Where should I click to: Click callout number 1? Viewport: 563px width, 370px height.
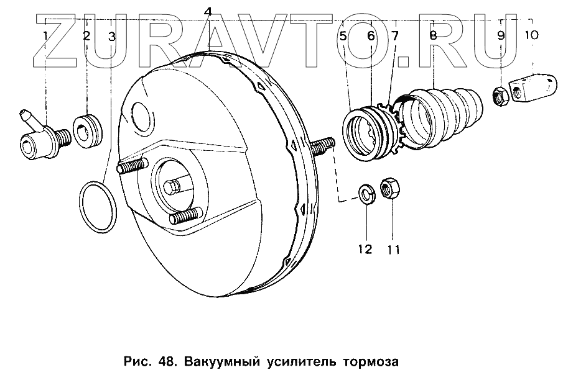point(45,35)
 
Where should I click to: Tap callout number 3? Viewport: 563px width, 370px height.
point(112,37)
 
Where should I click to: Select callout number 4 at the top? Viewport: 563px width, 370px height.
point(208,11)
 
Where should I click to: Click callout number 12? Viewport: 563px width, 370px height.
point(365,250)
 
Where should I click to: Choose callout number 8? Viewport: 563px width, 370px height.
point(433,35)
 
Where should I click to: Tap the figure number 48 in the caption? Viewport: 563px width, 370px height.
point(157,359)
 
